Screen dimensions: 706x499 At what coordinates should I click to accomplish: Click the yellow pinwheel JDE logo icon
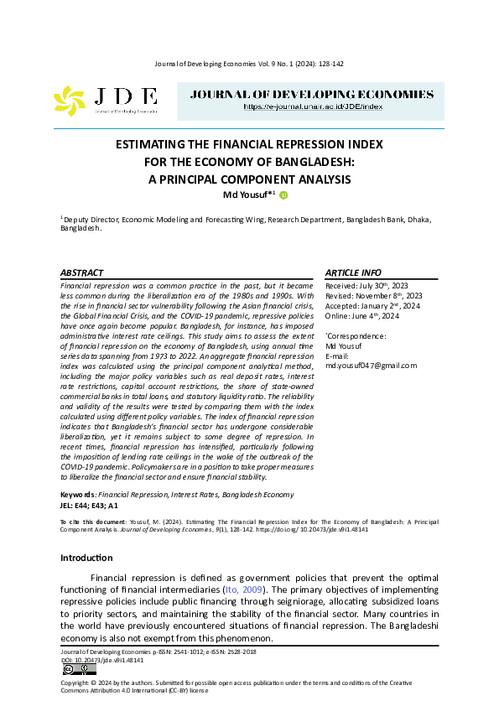[70, 101]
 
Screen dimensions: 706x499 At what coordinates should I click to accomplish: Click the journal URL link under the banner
[313, 107]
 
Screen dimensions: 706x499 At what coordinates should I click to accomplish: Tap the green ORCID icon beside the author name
[283, 196]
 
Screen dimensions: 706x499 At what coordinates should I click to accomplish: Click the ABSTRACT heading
[82, 273]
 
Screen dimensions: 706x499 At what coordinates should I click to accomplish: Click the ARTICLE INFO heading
[352, 273]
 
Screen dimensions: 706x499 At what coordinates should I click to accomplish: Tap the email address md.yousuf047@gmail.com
[371, 366]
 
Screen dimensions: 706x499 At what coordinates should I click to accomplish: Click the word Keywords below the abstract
[78, 496]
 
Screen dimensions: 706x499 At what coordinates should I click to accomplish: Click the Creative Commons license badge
[73, 669]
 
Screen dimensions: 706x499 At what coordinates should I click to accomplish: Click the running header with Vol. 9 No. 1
[249, 64]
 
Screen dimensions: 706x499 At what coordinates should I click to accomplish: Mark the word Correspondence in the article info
[356, 335]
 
